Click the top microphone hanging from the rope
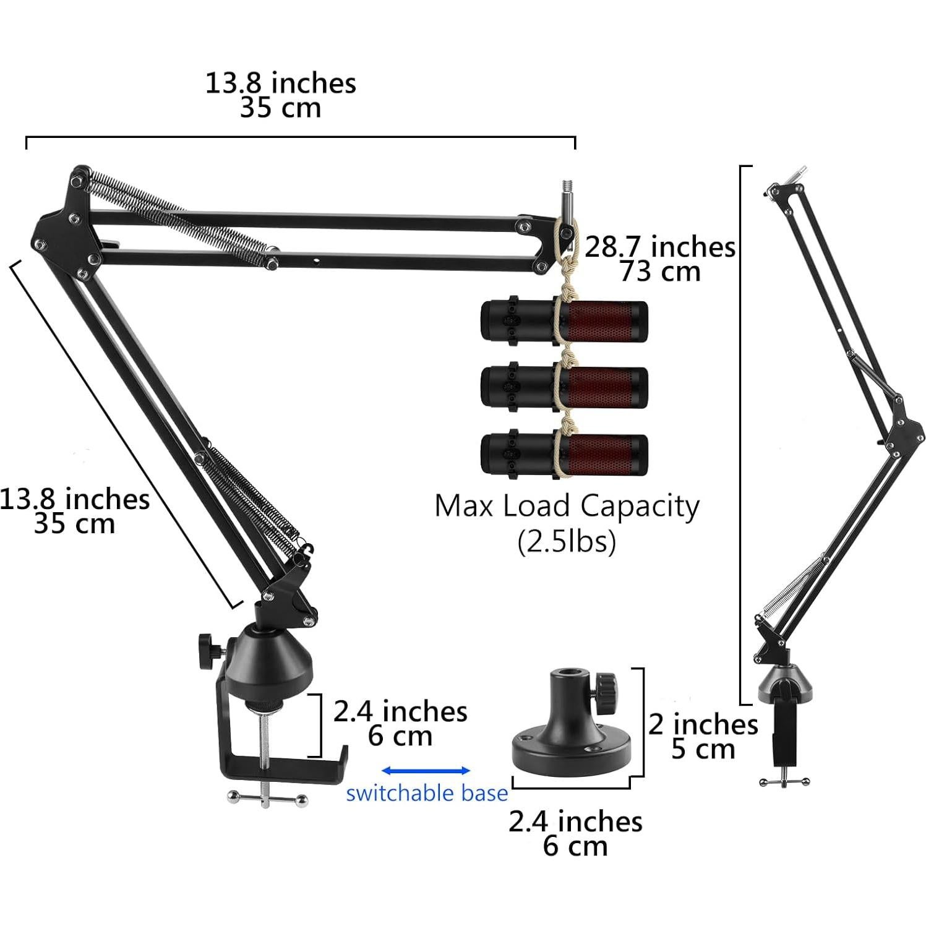(564, 321)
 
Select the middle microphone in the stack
(564, 387)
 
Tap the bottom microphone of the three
(564, 454)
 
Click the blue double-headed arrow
(426, 770)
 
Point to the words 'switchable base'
(426, 793)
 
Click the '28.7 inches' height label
(659, 247)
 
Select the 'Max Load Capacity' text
(567, 506)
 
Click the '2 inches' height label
(703, 724)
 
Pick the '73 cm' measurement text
(660, 272)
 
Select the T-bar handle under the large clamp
(266, 797)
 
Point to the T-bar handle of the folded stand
(783, 782)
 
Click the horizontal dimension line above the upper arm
(300, 137)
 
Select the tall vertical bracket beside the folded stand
(742, 433)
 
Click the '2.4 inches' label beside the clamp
(400, 711)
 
